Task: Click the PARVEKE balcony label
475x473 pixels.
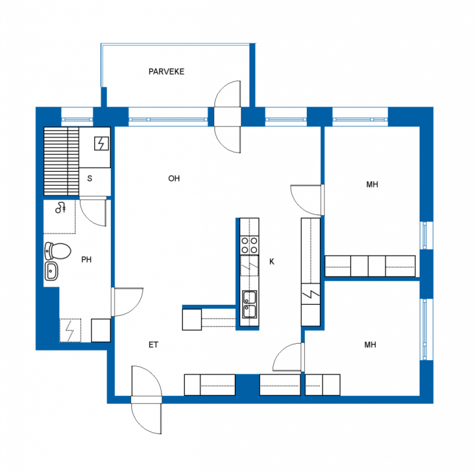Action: [166, 72]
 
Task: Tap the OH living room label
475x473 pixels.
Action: [174, 179]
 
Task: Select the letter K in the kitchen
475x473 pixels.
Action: [272, 261]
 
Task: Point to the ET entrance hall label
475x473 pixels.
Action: [153, 345]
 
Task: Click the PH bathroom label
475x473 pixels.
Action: [86, 260]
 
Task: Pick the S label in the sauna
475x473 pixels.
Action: [89, 179]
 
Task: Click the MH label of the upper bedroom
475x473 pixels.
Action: [372, 184]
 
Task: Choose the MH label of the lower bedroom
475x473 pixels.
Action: [370, 345]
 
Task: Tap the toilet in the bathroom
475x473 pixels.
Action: [58, 251]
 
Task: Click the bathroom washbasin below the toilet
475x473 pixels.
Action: [51, 271]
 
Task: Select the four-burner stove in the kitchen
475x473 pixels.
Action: [250, 246]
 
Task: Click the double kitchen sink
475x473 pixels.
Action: [250, 304]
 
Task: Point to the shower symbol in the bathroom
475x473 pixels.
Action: [61, 208]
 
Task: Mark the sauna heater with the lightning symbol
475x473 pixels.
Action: [101, 144]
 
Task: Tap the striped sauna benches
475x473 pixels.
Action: [61, 161]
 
